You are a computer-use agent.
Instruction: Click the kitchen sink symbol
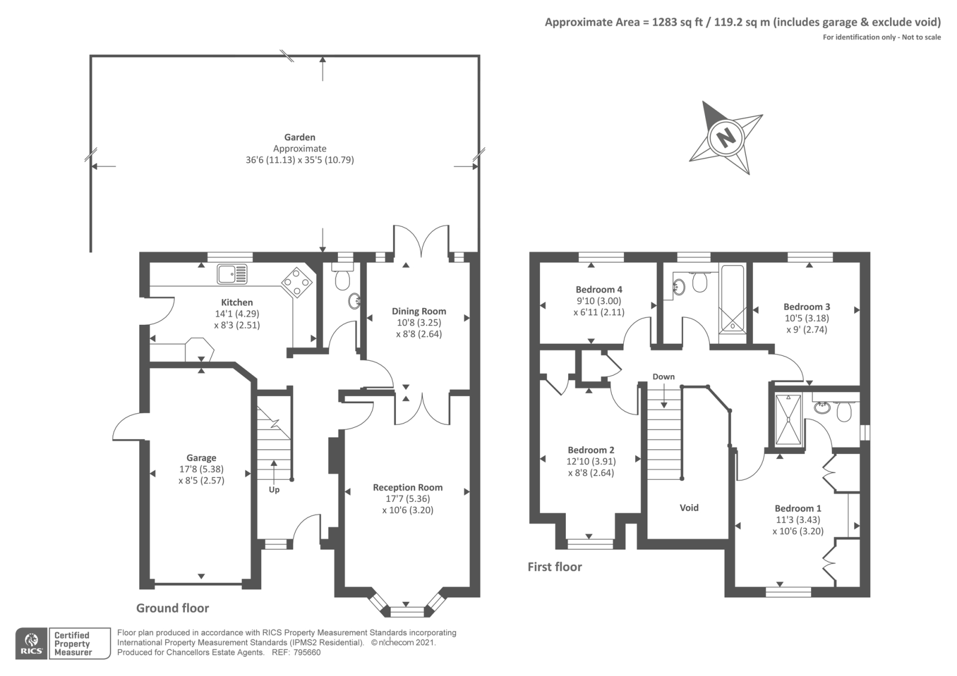(232, 274)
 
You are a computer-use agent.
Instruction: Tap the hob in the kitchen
(297, 281)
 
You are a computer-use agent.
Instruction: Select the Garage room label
(201, 458)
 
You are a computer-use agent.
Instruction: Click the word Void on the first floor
(689, 507)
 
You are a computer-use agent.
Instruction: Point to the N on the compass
(726, 138)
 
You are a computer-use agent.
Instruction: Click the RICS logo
(31, 644)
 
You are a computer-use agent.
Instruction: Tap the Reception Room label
(407, 487)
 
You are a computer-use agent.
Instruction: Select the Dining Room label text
(419, 311)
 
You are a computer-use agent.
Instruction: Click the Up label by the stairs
(274, 489)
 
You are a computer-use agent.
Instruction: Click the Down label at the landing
(663, 376)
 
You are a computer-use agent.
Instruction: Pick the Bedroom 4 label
(599, 290)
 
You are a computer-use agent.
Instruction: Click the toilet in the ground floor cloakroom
(343, 279)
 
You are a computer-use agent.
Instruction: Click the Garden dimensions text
(300, 160)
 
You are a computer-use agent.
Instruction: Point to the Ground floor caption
(172, 608)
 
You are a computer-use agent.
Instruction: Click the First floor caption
(554, 567)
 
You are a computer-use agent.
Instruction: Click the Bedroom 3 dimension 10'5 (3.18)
(806, 318)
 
